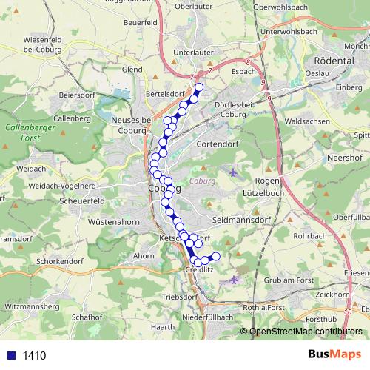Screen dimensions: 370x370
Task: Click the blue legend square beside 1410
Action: (x=11, y=355)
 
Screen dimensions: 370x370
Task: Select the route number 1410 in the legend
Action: (x=35, y=355)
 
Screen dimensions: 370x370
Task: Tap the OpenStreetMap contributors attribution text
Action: (x=306, y=332)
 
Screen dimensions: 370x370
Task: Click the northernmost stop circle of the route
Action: (x=199, y=88)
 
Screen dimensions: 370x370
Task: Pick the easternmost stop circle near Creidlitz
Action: (x=216, y=256)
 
